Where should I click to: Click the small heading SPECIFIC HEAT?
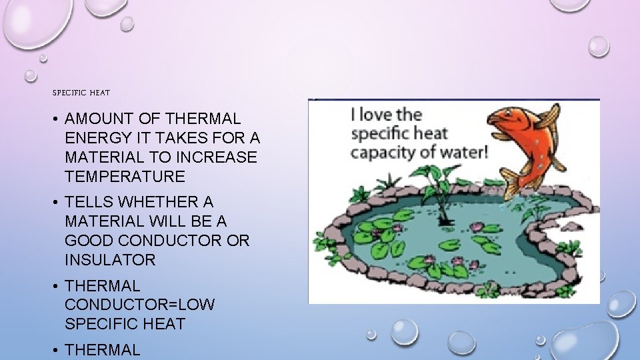click(81, 93)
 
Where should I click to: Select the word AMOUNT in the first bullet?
click(99, 119)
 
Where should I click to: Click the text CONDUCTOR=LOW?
click(140, 305)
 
